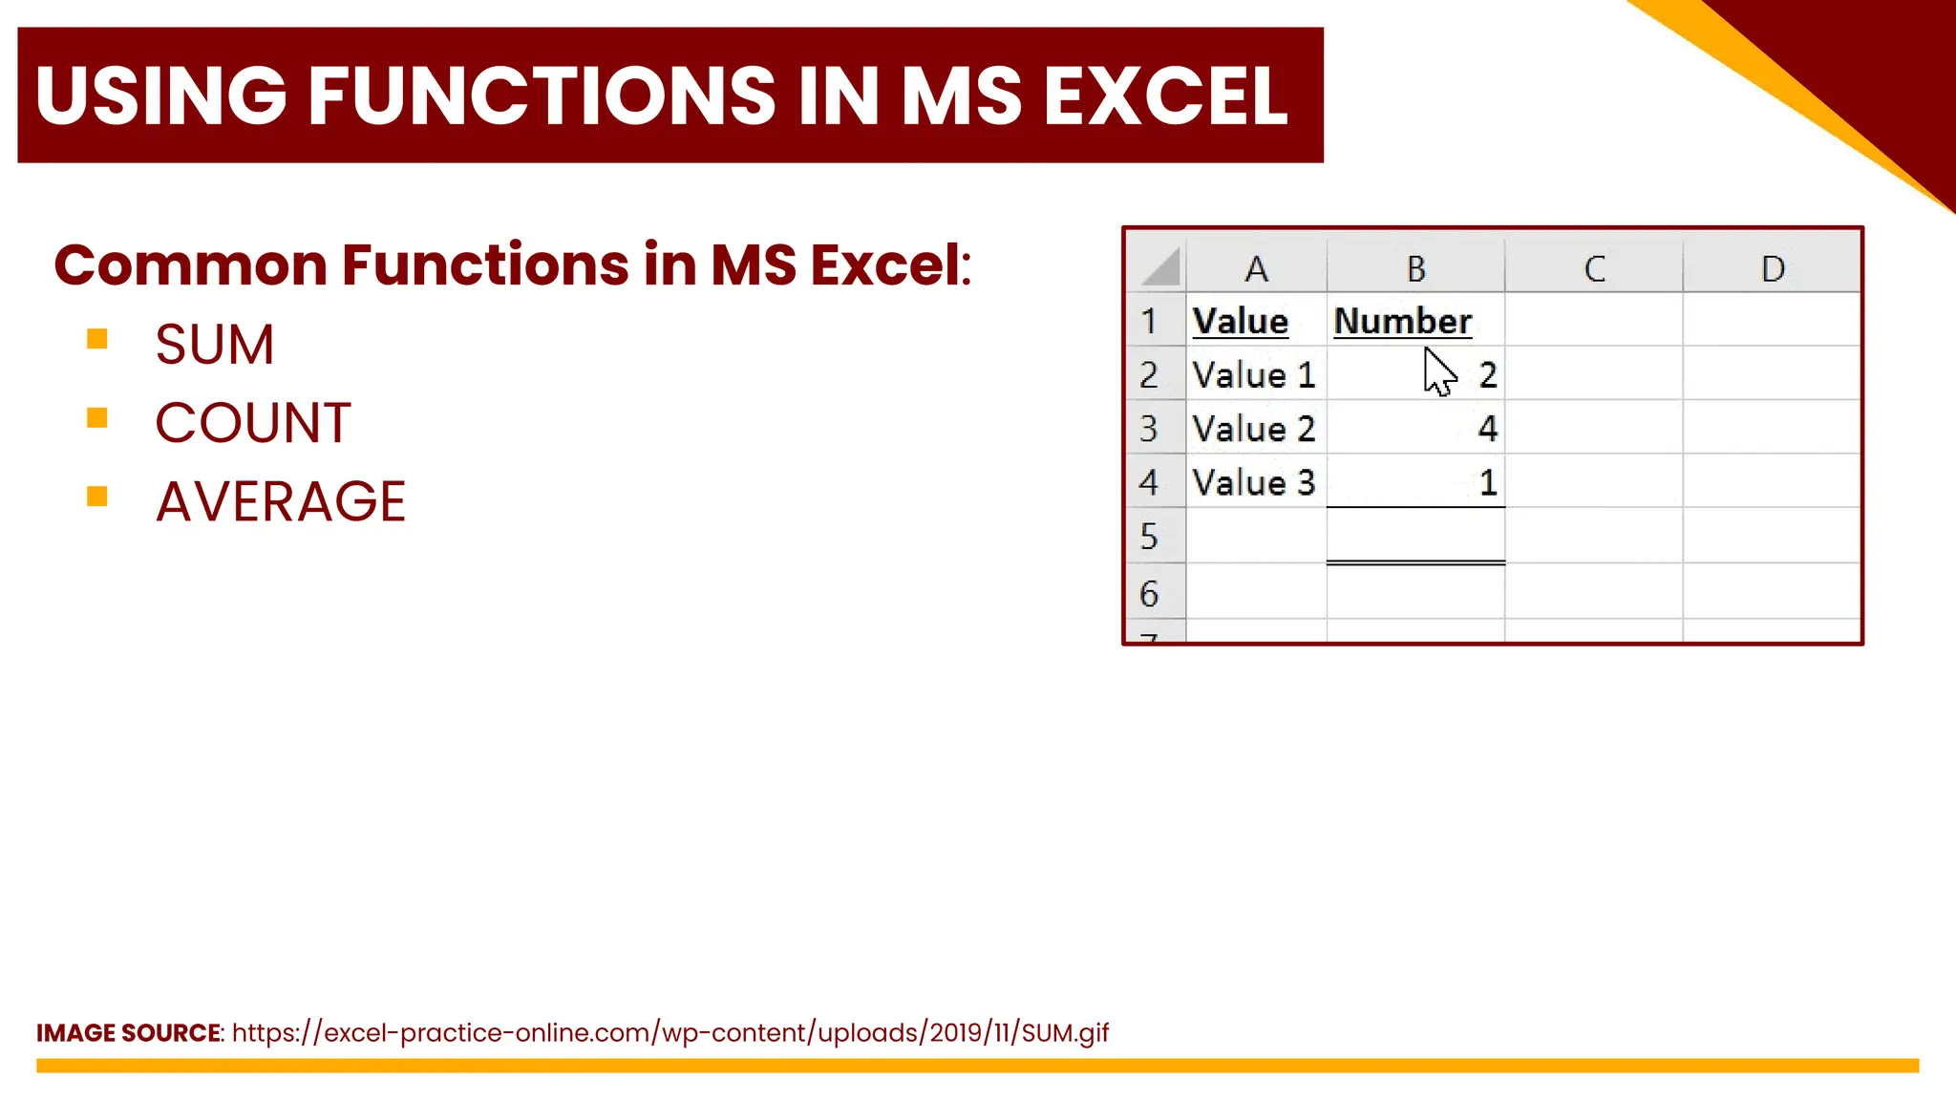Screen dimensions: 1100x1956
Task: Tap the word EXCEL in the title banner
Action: [x=1165, y=96]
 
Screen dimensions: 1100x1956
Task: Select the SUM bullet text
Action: [x=215, y=345]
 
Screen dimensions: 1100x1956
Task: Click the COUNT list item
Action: [x=253, y=423]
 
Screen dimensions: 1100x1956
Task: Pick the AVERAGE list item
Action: [x=281, y=501]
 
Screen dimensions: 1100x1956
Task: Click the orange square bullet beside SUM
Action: [x=96, y=339]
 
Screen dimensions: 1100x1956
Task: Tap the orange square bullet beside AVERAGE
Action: [x=96, y=496]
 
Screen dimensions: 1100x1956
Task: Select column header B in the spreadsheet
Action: [x=1415, y=269]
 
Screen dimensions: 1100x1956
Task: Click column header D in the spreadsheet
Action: [x=1773, y=269]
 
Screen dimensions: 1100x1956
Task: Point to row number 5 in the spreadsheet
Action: [x=1149, y=537]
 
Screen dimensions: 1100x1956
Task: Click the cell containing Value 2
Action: [x=1254, y=429]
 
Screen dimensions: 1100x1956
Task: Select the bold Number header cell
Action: [x=1402, y=321]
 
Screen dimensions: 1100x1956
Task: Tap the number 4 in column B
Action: [x=1487, y=429]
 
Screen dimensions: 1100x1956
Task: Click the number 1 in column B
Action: [x=1487, y=483]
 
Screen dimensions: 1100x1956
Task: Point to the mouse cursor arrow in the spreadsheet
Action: [x=1437, y=371]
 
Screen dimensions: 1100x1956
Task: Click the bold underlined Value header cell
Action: [x=1241, y=321]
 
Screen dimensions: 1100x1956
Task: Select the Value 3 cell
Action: [x=1254, y=483]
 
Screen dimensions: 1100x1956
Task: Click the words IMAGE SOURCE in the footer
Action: [x=128, y=1033]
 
